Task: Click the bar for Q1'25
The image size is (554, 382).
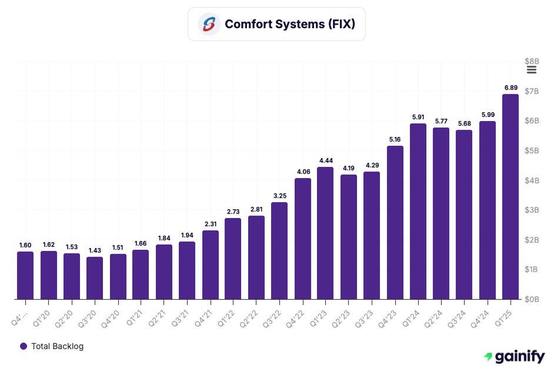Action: [x=510, y=197]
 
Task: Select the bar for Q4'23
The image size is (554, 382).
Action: [x=395, y=223]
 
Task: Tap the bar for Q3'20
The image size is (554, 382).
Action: [x=95, y=278]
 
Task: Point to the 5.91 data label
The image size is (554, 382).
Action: [x=418, y=117]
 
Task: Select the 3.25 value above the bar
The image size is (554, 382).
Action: [x=279, y=196]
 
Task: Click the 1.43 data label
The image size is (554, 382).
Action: [x=95, y=250]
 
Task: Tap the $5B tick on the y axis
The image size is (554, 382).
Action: [x=532, y=150]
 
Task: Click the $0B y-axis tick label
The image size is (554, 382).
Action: [x=532, y=299]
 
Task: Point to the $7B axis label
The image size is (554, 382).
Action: [x=532, y=91]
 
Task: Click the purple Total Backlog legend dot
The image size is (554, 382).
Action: [x=24, y=346]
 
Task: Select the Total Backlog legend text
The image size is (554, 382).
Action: [x=57, y=346]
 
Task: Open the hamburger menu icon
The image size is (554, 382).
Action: [x=532, y=70]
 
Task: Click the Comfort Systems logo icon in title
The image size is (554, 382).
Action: [x=209, y=24]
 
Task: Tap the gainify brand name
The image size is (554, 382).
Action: [x=519, y=356]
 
